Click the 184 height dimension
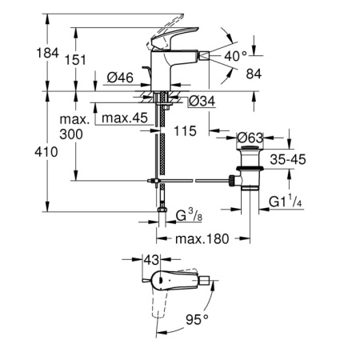(x=47, y=53)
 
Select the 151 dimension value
(x=75, y=60)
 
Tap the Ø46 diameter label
(x=120, y=78)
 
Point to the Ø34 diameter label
(x=202, y=101)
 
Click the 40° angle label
(x=235, y=56)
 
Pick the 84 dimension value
(x=254, y=74)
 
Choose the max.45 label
(x=125, y=118)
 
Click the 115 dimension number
(x=185, y=131)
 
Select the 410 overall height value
(x=46, y=152)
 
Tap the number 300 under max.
(x=71, y=134)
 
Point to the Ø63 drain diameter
(x=250, y=138)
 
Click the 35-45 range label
(x=288, y=159)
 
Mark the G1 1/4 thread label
(x=286, y=202)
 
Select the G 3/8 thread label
(x=189, y=215)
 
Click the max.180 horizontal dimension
(x=202, y=238)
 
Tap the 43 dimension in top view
(x=151, y=259)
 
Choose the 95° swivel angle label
(x=197, y=319)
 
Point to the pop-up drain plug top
(x=250, y=148)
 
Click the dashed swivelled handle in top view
(x=159, y=305)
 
